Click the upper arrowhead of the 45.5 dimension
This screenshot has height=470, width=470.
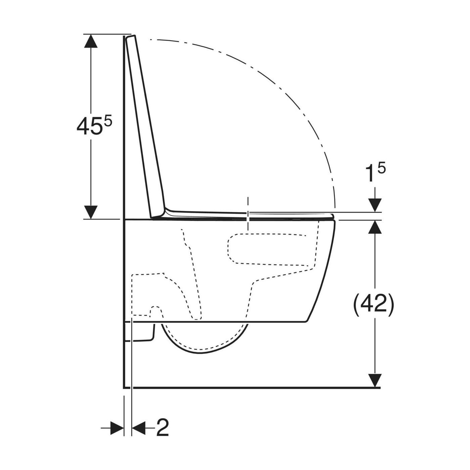click(91, 41)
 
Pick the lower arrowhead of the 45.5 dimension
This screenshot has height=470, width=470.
click(91, 212)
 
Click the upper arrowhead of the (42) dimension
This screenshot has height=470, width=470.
click(375, 227)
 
